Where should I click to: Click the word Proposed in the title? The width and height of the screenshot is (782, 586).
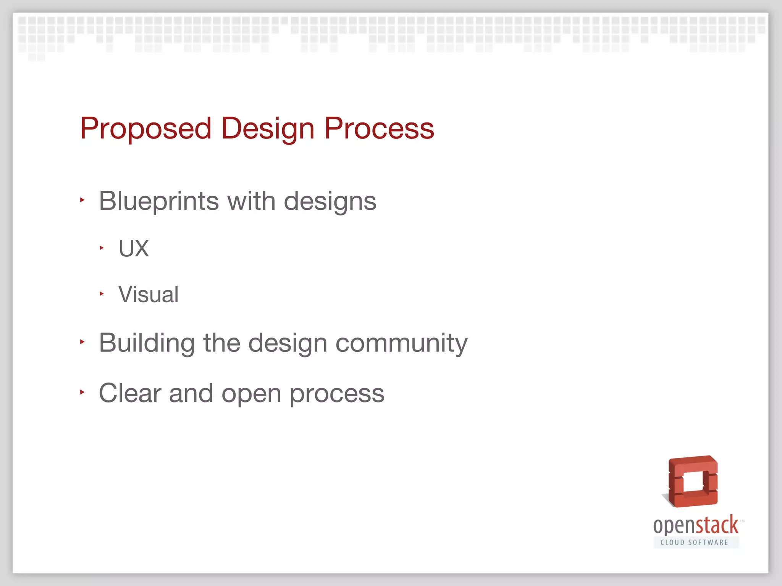145,129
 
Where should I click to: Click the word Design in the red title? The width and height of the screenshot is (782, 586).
268,129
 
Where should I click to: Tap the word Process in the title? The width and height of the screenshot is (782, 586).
379,129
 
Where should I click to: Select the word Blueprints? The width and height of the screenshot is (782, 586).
158,201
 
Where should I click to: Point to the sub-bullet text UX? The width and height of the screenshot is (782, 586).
134,249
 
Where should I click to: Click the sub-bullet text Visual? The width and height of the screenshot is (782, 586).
149,295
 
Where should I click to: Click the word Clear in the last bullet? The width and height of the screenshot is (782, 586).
130,393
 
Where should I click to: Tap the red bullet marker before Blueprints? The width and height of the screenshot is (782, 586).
82,200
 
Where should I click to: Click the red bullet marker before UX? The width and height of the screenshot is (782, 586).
102,248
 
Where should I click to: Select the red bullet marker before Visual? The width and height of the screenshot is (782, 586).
102,294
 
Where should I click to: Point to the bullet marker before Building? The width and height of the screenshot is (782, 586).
82,342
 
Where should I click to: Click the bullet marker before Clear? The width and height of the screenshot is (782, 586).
82,392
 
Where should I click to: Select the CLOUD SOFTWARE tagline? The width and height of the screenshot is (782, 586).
695,543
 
